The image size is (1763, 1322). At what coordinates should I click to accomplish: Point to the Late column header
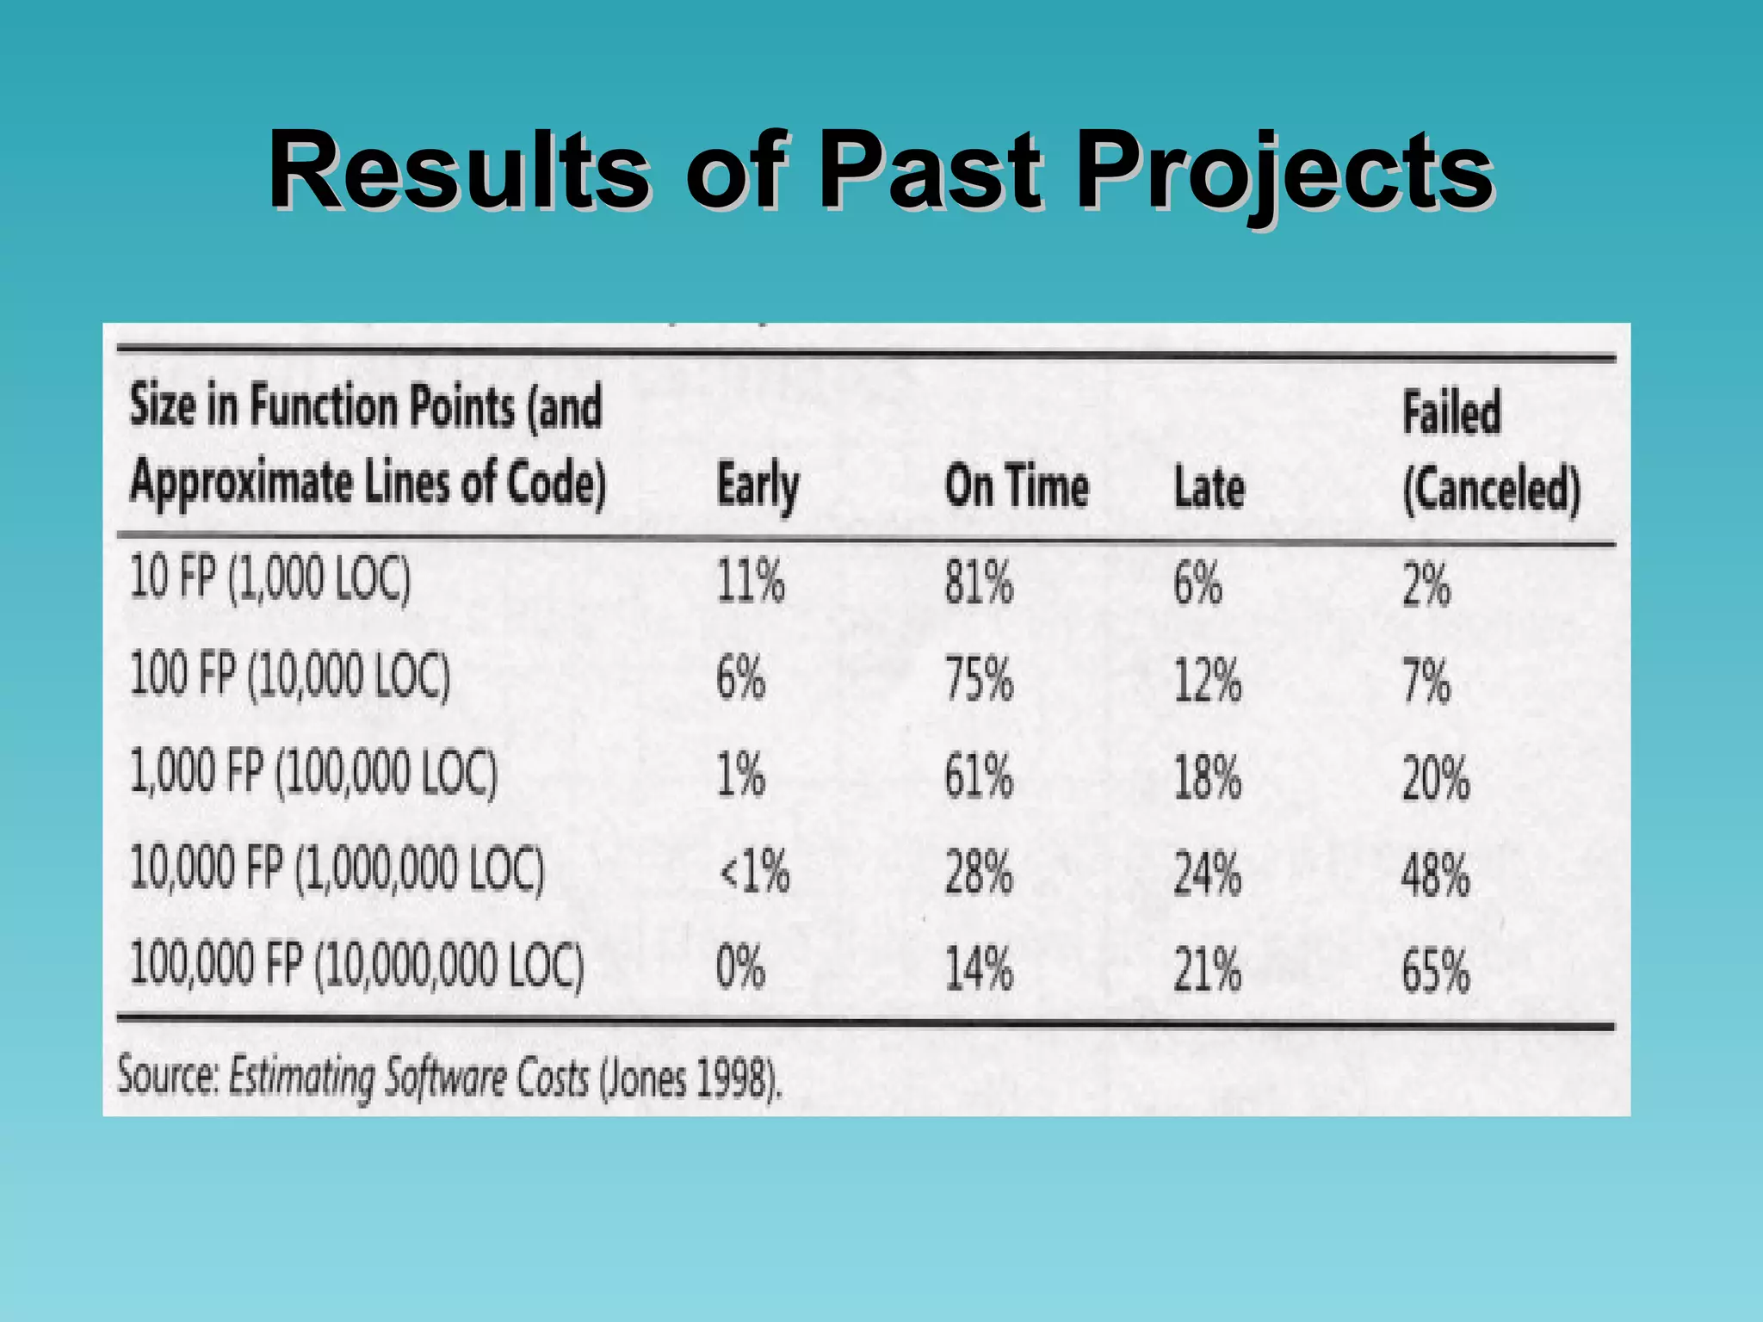[x=1209, y=488]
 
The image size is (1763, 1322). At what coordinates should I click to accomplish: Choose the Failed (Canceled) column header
[x=1491, y=452]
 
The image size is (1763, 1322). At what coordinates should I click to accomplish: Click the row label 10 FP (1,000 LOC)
[x=270, y=578]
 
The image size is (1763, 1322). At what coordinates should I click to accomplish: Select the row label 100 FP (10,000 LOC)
[x=290, y=676]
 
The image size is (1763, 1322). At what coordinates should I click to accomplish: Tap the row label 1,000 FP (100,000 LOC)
[x=313, y=772]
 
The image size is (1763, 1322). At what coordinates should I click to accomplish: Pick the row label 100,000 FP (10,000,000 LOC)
[x=356, y=965]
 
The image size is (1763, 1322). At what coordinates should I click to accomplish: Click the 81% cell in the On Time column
[x=979, y=583]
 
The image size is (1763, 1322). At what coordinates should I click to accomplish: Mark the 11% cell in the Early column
[x=751, y=581]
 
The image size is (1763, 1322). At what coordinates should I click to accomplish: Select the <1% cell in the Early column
[x=754, y=872]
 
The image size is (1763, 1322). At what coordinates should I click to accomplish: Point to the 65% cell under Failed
[x=1435, y=971]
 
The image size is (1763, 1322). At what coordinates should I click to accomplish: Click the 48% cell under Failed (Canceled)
[x=1435, y=874]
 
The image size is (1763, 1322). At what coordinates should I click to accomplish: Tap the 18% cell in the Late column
[x=1208, y=777]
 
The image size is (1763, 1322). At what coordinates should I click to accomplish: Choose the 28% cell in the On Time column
[x=979, y=873]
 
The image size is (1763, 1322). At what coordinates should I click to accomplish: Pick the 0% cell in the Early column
[x=740, y=967]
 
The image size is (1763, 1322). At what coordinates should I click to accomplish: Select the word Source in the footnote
[x=169, y=1076]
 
